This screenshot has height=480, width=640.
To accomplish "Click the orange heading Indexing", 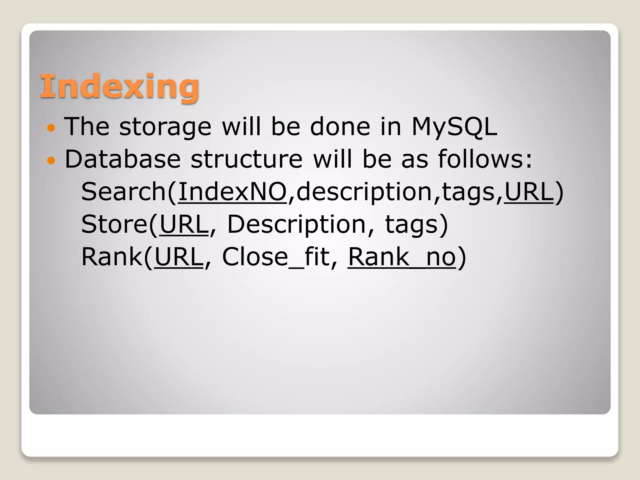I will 120,86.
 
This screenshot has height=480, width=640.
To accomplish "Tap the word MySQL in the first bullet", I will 454,127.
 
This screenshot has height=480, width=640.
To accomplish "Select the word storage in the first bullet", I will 165,127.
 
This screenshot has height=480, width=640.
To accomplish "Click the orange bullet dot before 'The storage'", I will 51,128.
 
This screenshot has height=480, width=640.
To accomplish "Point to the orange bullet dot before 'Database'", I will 51,161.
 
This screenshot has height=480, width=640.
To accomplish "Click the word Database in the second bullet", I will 122,159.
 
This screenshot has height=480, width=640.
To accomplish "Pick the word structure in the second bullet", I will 247,159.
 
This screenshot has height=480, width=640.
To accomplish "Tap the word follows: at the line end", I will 485,159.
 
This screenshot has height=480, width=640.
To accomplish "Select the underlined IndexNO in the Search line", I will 232,192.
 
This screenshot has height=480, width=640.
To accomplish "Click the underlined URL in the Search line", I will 529,192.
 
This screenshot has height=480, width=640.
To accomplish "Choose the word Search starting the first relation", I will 123,192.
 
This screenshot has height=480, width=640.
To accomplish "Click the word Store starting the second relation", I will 114,224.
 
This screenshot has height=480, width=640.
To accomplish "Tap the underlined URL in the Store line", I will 184,224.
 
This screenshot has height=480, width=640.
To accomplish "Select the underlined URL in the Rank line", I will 179,257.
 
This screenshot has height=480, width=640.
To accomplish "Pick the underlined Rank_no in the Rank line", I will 402,257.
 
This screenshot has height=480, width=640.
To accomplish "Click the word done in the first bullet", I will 340,127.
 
